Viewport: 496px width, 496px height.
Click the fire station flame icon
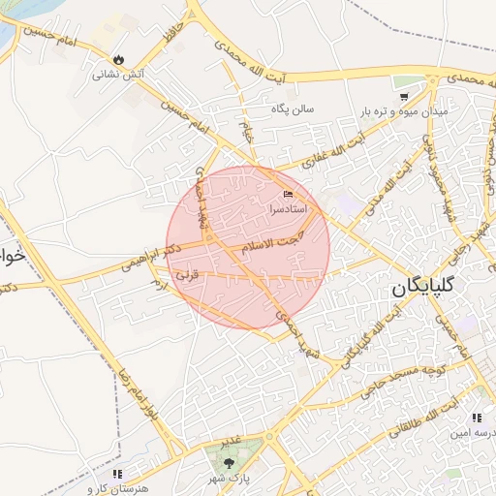(119, 59)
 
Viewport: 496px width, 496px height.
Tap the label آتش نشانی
(118, 74)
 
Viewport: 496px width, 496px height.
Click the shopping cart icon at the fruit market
(405, 96)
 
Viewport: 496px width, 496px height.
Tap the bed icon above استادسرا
(287, 195)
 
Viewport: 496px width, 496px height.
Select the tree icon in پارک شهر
(229, 463)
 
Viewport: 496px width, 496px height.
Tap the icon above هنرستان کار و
(117, 474)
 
